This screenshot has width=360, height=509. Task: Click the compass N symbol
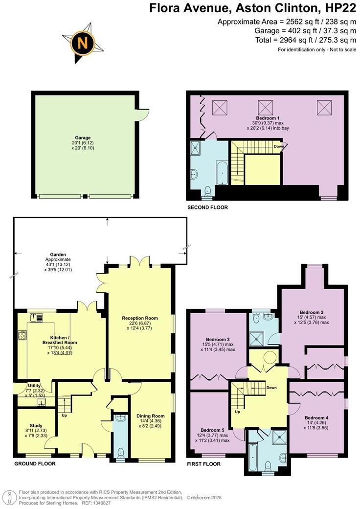pyautogui.click(x=83, y=44)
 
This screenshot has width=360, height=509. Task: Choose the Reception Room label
pyautogui.click(x=140, y=318)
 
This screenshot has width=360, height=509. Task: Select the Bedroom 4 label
pyautogui.click(x=317, y=417)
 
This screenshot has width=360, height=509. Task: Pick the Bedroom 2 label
pyautogui.click(x=312, y=312)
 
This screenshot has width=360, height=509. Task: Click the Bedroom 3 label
pyautogui.click(x=218, y=339)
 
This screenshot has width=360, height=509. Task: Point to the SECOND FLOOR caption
pyautogui.click(x=208, y=208)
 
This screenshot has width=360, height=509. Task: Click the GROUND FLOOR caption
pyautogui.click(x=35, y=463)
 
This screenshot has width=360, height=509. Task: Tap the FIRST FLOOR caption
pyautogui.click(x=204, y=463)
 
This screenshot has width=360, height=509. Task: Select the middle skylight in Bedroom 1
pyautogui.click(x=266, y=106)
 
